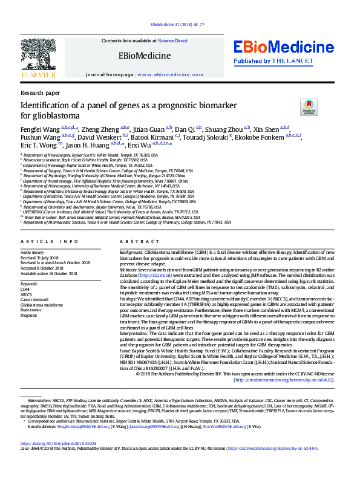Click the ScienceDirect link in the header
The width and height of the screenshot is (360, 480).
pyautogui.click(x=173, y=40)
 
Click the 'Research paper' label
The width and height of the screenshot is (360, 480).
pyautogui.click(x=40, y=93)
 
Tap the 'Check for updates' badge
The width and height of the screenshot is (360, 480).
pyautogui.click(x=309, y=108)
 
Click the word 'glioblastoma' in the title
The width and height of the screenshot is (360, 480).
pyautogui.click(x=50, y=115)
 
